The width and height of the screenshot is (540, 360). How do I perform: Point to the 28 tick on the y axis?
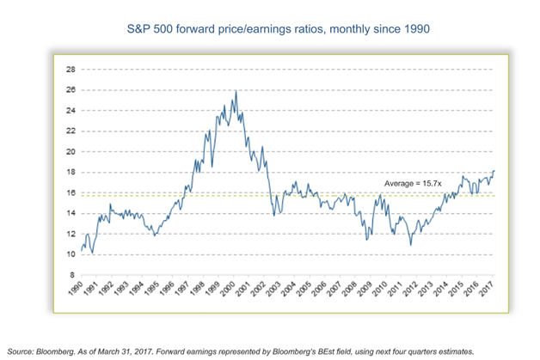click(x=71, y=69)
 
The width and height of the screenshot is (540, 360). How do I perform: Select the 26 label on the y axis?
click(x=71, y=89)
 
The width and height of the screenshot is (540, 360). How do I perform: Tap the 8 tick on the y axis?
click(x=73, y=275)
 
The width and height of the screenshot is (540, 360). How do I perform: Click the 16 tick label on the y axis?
click(x=71, y=192)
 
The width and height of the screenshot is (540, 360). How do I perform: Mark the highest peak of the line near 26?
click(x=236, y=91)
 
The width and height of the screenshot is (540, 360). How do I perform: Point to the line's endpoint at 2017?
click(x=494, y=171)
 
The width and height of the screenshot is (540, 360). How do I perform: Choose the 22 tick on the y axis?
click(x=71, y=131)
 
